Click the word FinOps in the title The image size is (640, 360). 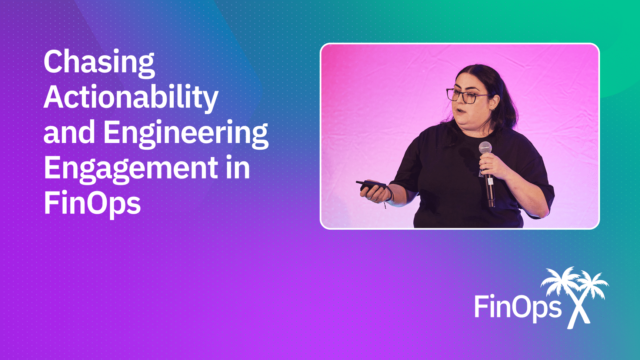coord(92,203)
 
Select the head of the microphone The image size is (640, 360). coord(485,148)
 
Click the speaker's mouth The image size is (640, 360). coord(460,111)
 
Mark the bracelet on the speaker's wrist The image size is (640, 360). coord(389,194)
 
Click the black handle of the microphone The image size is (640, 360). coord(489,187)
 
